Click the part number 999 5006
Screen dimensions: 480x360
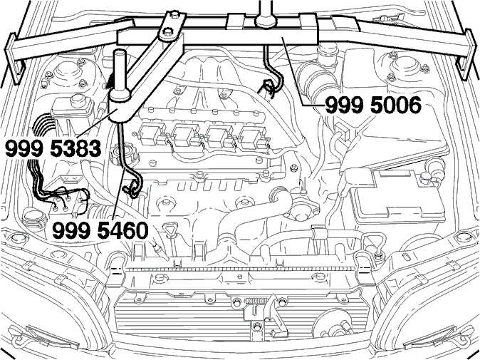click(x=373, y=105)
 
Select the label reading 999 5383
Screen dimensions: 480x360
click(x=53, y=149)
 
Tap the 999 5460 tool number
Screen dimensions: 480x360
click(x=100, y=230)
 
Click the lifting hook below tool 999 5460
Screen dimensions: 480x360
click(x=132, y=188)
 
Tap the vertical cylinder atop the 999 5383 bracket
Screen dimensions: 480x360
click(x=120, y=74)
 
